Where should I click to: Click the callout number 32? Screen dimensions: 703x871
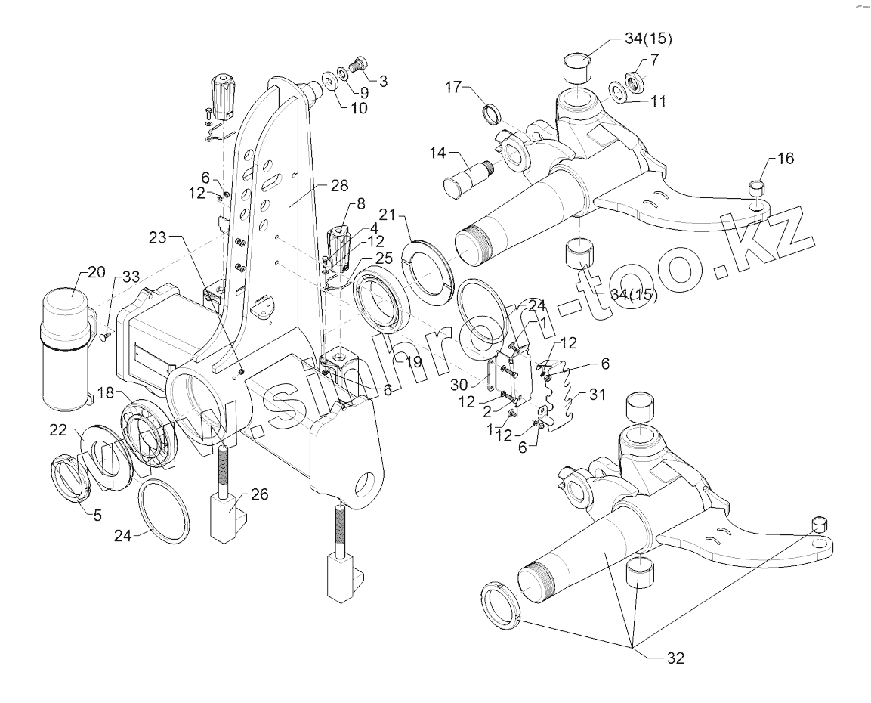[x=675, y=658]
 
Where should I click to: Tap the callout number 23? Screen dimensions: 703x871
[x=157, y=237]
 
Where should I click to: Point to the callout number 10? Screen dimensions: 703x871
[x=357, y=107]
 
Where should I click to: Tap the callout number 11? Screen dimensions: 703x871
[x=658, y=101]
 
